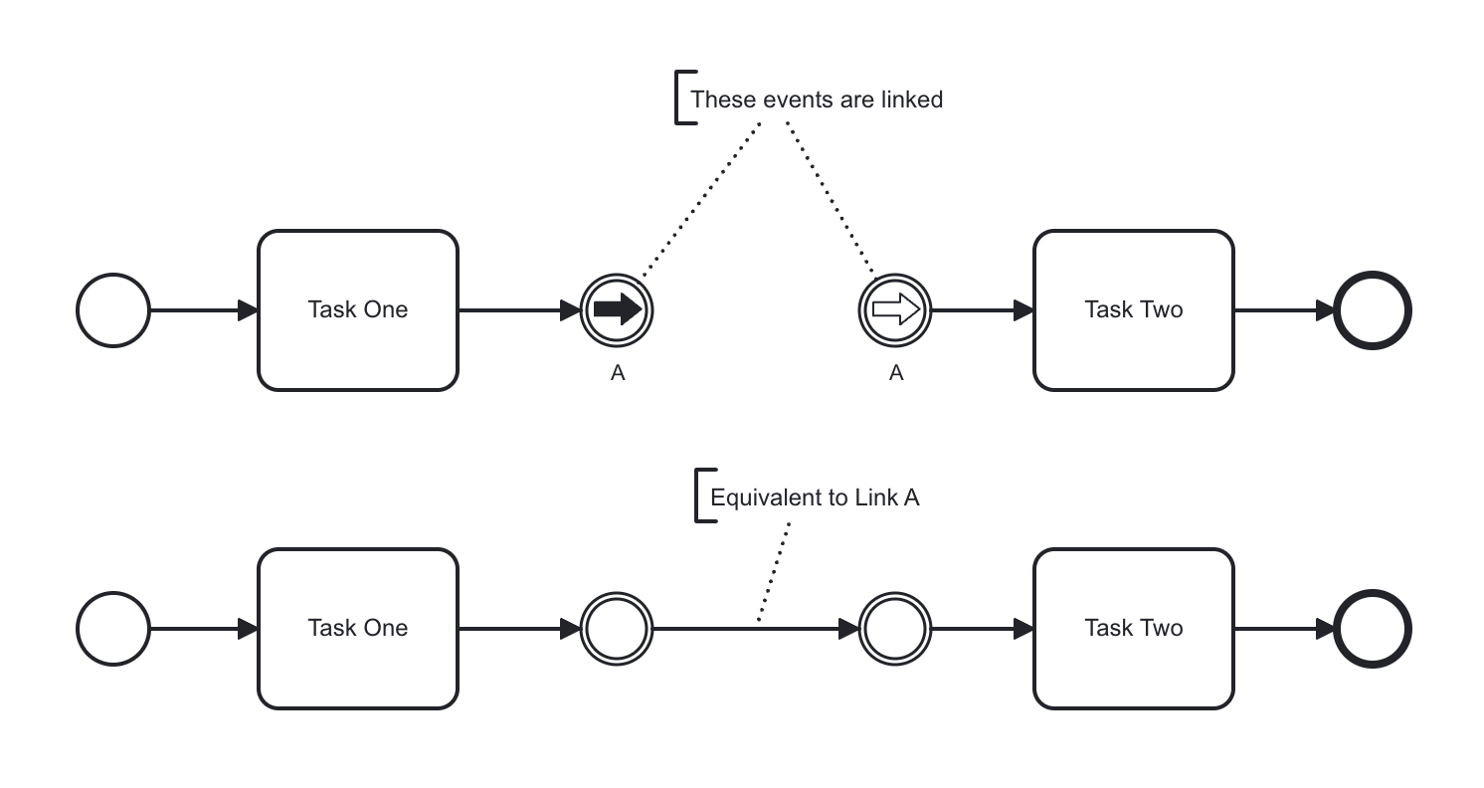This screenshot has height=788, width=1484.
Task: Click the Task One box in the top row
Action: (358, 310)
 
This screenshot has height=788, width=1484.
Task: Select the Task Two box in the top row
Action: (1134, 310)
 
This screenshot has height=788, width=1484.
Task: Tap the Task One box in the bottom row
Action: (358, 629)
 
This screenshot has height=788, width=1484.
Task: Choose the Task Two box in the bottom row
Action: (1134, 629)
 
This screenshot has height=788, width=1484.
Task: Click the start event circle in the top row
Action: (113, 310)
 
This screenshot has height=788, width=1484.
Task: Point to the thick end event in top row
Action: (1373, 310)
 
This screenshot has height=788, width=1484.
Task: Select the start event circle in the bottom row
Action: (113, 629)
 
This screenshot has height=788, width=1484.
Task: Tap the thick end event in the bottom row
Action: (1373, 629)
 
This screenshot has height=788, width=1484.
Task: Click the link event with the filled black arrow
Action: (617, 310)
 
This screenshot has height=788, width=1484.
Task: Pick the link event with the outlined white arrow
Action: (895, 310)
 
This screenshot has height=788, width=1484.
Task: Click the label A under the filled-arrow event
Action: (618, 373)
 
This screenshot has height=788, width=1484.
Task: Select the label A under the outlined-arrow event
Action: (896, 373)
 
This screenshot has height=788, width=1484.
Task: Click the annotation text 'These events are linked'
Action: (816, 99)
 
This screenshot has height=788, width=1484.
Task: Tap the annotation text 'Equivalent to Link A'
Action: (815, 497)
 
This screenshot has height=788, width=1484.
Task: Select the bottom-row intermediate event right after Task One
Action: (617, 629)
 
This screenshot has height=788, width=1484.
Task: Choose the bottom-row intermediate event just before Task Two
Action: (895, 629)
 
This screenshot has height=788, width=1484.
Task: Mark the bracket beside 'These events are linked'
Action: (679, 98)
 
